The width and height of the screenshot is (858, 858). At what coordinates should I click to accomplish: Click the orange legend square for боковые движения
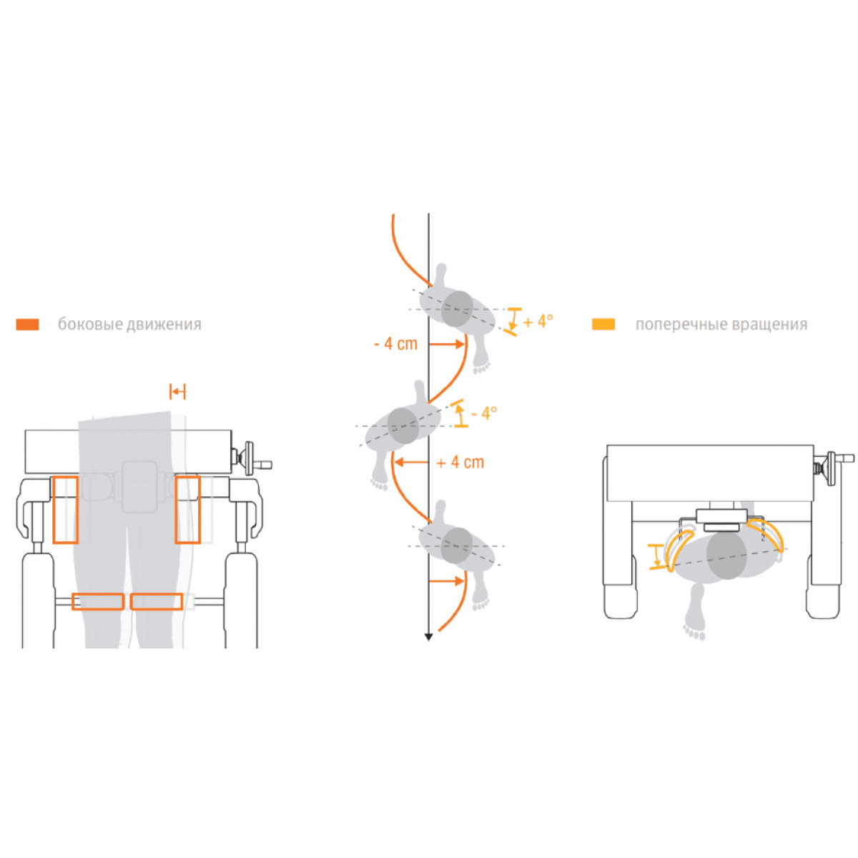pos(27,324)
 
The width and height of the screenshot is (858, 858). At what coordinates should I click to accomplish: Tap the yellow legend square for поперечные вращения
pos(603,324)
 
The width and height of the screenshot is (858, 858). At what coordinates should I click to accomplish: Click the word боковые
pos(90,324)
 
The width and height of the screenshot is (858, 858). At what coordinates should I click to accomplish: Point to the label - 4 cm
pos(396,344)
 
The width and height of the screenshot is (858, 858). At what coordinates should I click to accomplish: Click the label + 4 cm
pos(460,462)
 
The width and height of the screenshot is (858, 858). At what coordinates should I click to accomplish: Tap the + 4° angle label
pos(538,321)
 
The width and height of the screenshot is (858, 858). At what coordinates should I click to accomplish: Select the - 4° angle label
pos(484,413)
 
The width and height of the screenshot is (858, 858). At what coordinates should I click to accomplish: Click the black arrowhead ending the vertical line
pos(428,637)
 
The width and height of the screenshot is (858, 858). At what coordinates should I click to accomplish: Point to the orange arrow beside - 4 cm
pos(447,344)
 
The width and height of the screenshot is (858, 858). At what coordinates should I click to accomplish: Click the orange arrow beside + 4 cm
pos(411,462)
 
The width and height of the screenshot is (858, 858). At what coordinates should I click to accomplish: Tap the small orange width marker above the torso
pos(177,392)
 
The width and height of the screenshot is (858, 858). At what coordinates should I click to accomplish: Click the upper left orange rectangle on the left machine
pos(66,510)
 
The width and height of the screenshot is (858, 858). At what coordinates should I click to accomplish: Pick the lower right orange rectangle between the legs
pos(157,601)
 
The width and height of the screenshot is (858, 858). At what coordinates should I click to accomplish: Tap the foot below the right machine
pos(695,612)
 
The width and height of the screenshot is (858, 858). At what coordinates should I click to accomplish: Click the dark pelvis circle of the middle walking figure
pos(403,425)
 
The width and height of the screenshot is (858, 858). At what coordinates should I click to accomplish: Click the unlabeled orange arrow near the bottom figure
pos(447,581)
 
